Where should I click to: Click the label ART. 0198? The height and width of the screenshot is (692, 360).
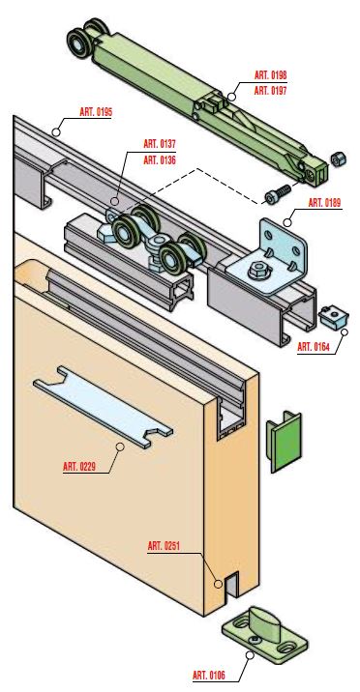tap(270, 75)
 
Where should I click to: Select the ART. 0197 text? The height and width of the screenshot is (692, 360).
tap(270, 91)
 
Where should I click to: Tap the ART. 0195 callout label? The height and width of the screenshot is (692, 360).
tap(96, 112)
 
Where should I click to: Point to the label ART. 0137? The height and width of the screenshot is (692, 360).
tap(160, 144)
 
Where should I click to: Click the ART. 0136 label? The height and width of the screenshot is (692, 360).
tap(160, 160)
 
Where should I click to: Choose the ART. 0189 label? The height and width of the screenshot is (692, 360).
tap(324, 203)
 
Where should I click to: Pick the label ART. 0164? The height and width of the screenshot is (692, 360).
tap(314, 347)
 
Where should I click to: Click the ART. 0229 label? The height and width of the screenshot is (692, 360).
tap(79, 467)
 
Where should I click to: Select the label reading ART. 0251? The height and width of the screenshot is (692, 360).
tap(164, 546)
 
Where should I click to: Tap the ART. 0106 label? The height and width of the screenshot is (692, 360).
tap(209, 676)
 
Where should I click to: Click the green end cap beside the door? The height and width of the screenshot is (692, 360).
tap(284, 442)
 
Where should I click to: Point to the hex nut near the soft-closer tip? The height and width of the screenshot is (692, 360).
tap(339, 159)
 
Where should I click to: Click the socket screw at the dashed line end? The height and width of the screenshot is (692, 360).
tap(278, 194)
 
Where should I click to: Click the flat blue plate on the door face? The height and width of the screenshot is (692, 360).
tap(103, 407)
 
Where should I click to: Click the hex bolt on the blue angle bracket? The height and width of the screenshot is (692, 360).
tap(257, 271)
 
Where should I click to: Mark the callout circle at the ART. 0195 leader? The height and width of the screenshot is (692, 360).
tap(56, 131)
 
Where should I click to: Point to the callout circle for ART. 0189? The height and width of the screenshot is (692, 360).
tap(287, 222)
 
